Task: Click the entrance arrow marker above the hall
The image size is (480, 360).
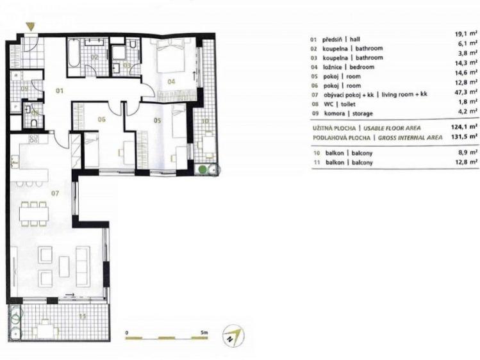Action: (x=30, y=27)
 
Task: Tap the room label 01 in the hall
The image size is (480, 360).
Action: (x=60, y=90)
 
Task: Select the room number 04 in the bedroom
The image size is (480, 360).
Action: (x=171, y=81)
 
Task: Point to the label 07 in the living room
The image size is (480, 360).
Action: (x=55, y=193)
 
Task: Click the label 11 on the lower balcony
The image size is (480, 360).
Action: (x=83, y=316)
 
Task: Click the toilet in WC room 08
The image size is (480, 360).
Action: (x=35, y=123)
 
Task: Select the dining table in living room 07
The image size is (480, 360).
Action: (x=34, y=213)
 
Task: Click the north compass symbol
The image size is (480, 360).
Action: (x=233, y=335)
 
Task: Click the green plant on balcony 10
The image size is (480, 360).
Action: (x=203, y=169)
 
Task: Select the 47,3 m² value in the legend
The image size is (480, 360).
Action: (x=467, y=92)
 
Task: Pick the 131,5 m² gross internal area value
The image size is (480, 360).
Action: (x=465, y=136)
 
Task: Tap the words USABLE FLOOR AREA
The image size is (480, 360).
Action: (x=392, y=128)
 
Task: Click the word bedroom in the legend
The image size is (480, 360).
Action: (x=362, y=67)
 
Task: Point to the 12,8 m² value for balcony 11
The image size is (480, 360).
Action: (x=467, y=161)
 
